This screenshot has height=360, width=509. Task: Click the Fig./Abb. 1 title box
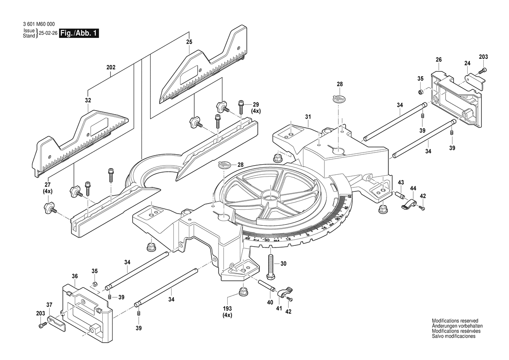tap(79, 34)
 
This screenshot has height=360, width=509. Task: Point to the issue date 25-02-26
tap(47, 34)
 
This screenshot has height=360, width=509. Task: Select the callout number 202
tap(111, 68)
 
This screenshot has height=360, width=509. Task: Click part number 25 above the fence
tap(189, 42)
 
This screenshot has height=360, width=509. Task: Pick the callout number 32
tap(88, 100)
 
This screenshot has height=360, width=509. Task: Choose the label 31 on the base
tap(308, 116)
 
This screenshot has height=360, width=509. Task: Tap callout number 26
tap(438, 59)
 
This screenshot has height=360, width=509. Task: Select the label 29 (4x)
tap(256, 108)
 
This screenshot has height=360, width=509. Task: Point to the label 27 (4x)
tap(47, 187)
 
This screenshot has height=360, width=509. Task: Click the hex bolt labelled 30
tap(271, 265)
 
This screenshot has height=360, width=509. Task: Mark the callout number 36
tap(75, 276)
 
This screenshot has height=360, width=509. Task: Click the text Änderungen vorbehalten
tap(457, 326)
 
